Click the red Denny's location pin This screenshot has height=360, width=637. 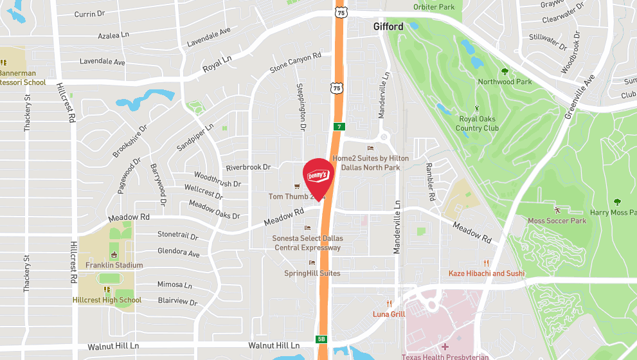[318, 175]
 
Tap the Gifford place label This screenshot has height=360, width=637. [389, 27]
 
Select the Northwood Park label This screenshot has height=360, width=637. [505, 82]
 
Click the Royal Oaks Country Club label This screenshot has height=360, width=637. [478, 123]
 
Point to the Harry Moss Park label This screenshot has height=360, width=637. [613, 213]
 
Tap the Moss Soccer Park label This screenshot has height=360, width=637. [557, 221]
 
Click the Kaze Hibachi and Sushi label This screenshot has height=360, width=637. [487, 273]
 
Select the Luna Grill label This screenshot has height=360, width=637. [389, 314]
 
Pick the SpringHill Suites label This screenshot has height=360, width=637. [312, 273]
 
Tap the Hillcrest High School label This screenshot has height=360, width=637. [107, 300]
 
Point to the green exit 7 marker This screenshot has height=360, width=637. [338, 127]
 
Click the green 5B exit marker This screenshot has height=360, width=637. [321, 339]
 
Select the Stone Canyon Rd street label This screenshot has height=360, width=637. [295, 62]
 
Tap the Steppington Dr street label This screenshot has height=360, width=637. [300, 107]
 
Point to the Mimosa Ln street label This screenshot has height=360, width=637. [175, 284]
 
